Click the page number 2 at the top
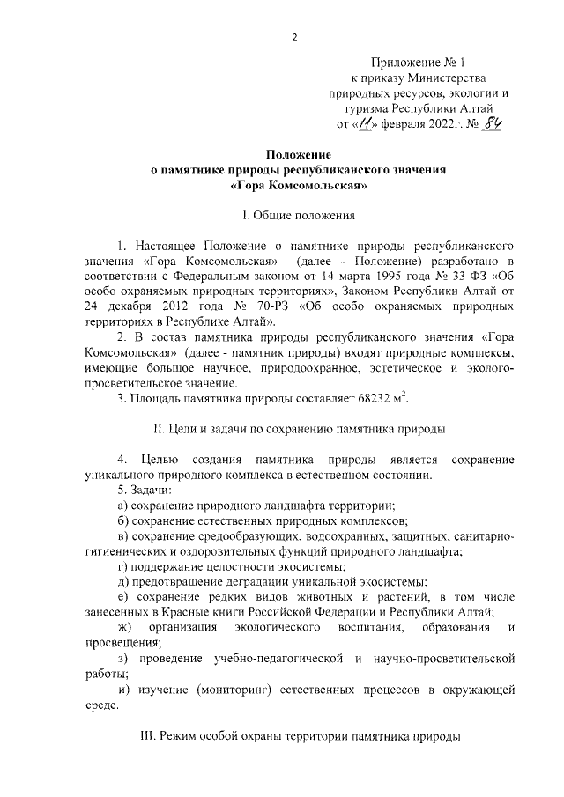coord(296,37)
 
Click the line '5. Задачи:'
coord(145,490)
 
